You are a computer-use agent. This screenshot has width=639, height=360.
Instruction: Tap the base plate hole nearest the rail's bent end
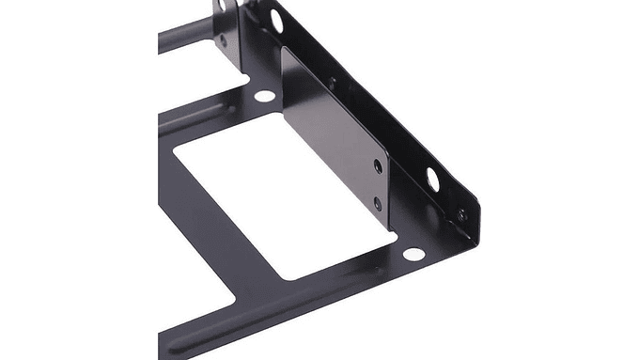[411, 254]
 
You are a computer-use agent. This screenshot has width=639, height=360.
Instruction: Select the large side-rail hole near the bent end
[433, 176]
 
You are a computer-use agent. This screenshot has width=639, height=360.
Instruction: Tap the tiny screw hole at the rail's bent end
[461, 215]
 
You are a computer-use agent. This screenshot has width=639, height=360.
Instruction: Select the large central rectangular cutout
[282, 197]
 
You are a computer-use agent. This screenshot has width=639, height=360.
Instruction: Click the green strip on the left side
[70, 180]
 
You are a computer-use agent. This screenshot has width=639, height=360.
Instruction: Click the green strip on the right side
[568, 180]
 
